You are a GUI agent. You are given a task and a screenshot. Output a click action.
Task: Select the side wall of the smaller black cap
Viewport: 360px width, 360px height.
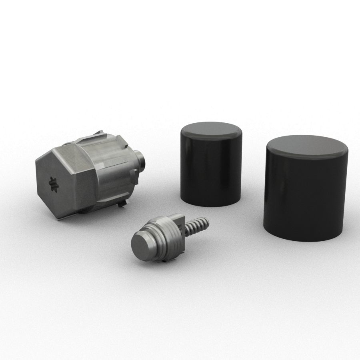210,172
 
